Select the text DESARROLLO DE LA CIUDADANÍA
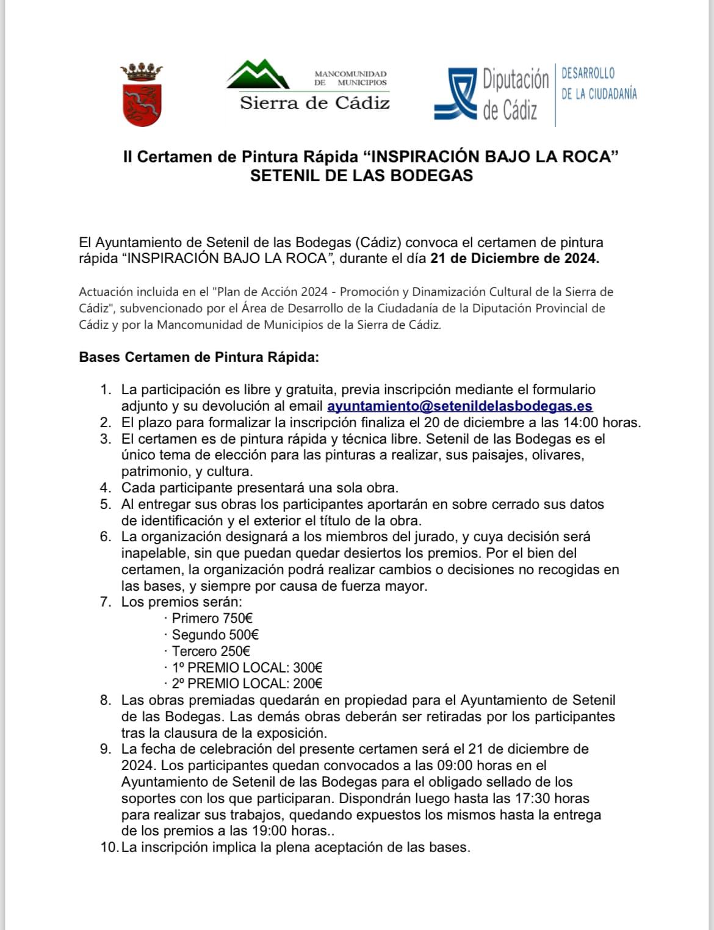[599, 84]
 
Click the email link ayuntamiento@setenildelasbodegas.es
[460, 406]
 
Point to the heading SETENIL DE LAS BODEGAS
[361, 176]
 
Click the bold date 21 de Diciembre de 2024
[514, 258]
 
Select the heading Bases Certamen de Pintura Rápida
[199, 357]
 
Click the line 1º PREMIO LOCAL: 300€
[247, 668]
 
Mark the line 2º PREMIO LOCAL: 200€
[247, 684]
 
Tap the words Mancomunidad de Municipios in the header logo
[350, 77]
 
